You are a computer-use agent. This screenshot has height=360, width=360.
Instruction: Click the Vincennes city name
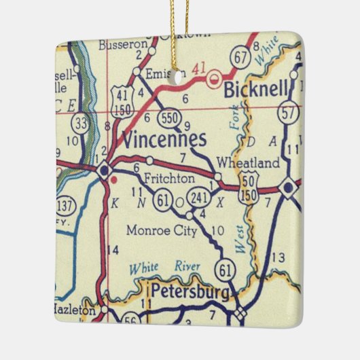pos(163,139)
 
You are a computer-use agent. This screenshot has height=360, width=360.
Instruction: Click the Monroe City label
pos(162,230)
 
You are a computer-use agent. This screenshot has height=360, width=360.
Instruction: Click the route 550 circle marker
pos(170,118)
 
